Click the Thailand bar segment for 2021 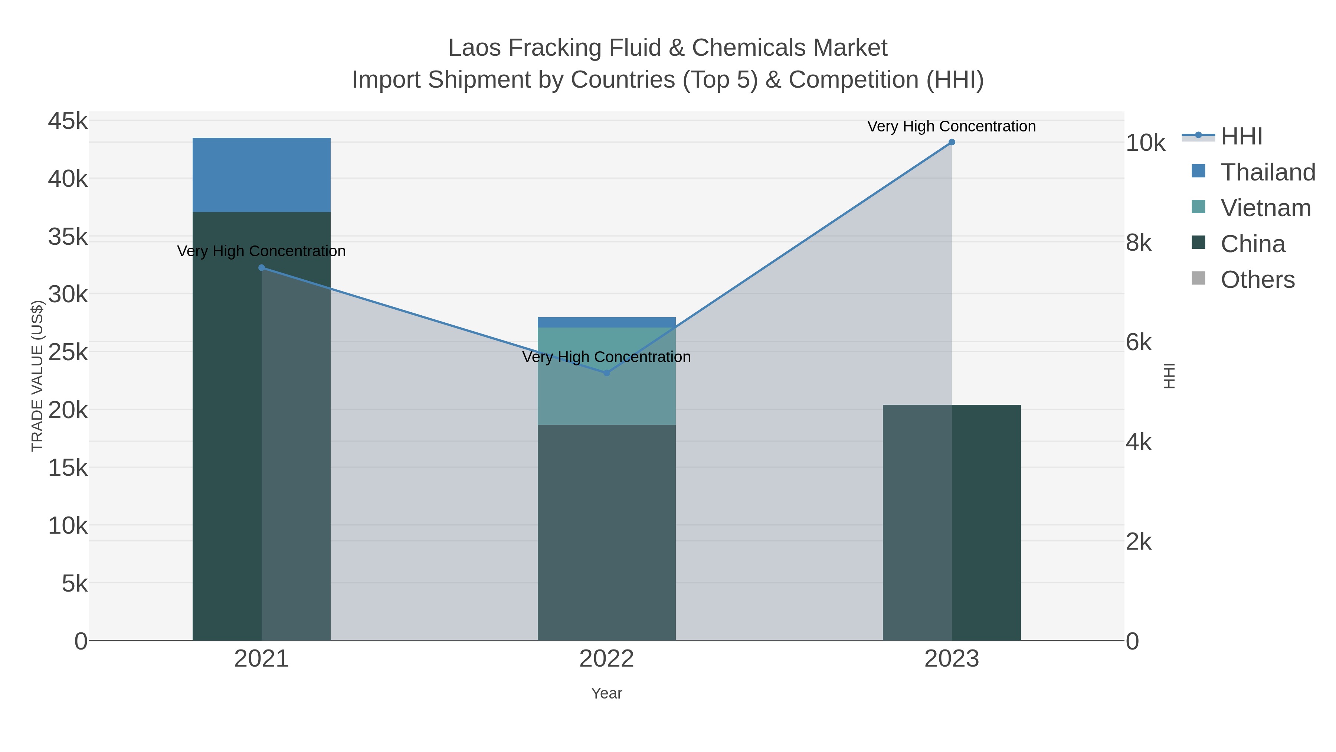tap(261, 175)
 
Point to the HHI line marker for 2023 tap(952, 142)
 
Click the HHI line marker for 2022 tap(607, 372)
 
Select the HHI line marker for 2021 tap(261, 268)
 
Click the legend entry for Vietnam tap(1265, 208)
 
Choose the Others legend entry tap(1257, 280)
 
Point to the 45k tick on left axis tap(68, 121)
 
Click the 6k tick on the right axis tap(1139, 342)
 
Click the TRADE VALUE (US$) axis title tap(37, 376)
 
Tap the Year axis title tap(606, 693)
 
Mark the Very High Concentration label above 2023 tap(951, 126)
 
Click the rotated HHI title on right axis tap(1169, 376)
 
